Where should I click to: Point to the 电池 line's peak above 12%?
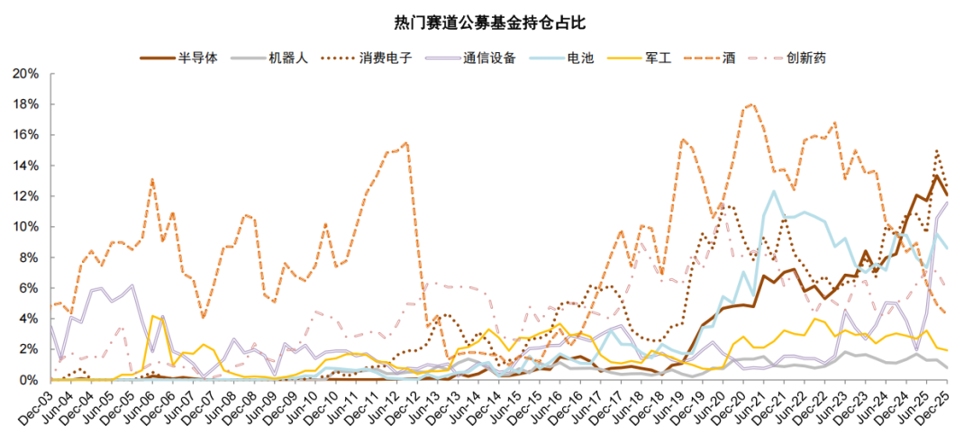coord(773,191)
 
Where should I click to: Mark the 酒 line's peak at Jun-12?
coord(407,142)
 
